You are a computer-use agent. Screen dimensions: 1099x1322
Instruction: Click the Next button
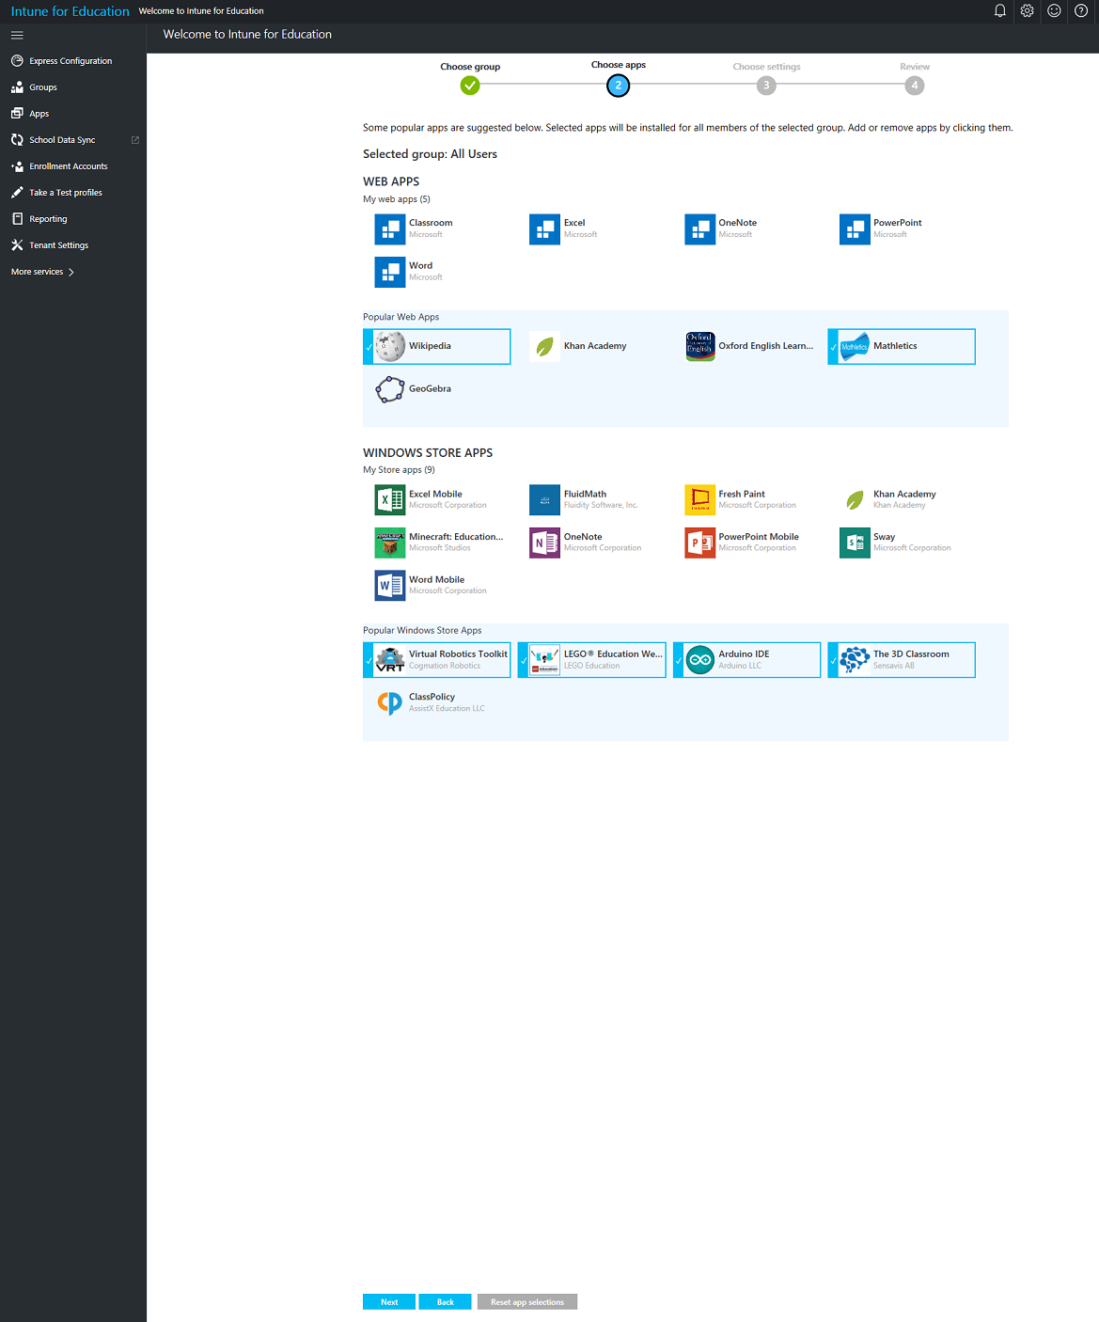[388, 1301]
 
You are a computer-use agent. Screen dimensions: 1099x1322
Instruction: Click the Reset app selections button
[526, 1301]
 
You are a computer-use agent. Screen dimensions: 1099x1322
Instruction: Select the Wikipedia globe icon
[389, 346]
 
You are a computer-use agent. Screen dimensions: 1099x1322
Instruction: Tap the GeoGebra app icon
[389, 388]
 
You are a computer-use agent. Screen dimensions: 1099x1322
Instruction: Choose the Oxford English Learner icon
[699, 346]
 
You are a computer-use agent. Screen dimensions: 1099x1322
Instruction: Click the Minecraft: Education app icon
[389, 543]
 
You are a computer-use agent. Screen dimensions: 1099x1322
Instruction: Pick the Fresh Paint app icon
[699, 499]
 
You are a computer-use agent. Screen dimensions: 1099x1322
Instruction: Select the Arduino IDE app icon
[699, 660]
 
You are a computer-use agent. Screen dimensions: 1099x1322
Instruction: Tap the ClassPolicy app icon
[389, 702]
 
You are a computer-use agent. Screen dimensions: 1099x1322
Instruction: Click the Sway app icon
[855, 543]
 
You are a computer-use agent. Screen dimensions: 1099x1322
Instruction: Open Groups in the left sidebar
[43, 87]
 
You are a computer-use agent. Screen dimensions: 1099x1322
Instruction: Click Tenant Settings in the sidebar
[59, 245]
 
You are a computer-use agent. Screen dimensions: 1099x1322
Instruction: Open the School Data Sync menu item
[62, 140]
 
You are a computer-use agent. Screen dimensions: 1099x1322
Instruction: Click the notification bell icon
[999, 10]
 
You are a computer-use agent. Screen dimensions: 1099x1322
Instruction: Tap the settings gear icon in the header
[1027, 10]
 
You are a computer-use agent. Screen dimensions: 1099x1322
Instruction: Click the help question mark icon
[1080, 10]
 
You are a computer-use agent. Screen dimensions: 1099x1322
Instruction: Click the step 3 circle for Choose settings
[766, 86]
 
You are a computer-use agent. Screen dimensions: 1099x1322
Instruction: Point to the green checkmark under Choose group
[470, 86]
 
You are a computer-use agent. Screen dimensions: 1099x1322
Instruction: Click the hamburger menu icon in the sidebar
[17, 36]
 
